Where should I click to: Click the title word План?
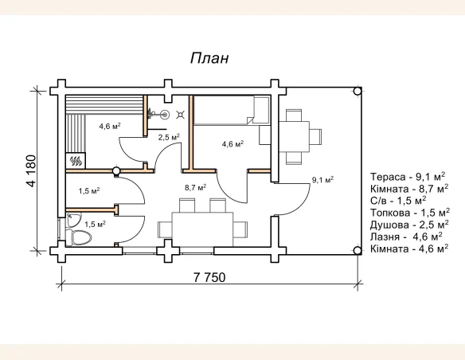(x=209, y=59)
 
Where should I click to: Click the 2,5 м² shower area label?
(x=168, y=137)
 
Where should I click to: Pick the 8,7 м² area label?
(x=195, y=188)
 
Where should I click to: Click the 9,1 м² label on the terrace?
(x=322, y=180)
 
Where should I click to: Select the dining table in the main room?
(x=203, y=226)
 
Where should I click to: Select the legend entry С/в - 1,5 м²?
(x=398, y=201)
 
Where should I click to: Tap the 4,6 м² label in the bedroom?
(x=232, y=144)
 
